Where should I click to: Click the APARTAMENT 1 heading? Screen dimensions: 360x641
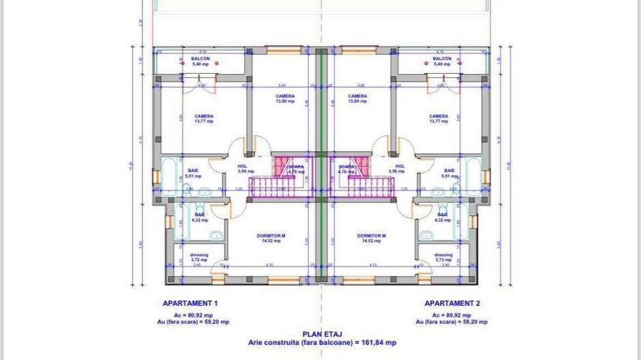click(190, 303)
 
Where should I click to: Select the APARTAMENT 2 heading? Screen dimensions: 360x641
click(452, 303)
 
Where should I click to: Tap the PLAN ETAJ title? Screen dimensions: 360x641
click(322, 335)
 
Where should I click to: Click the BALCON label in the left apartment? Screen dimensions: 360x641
click(200, 59)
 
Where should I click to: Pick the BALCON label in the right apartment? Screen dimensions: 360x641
click(442, 59)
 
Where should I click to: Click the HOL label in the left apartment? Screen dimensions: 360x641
click(242, 166)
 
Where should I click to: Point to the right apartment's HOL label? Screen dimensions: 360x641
click(400, 166)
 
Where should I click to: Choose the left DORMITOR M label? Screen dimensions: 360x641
click(271, 236)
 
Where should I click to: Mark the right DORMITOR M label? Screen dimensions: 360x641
click(371, 236)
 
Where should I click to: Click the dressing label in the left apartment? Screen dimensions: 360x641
click(199, 255)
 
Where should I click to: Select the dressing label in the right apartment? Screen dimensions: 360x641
click(443, 255)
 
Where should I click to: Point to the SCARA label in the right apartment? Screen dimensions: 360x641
click(346, 167)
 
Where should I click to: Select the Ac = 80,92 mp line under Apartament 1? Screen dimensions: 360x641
click(190, 314)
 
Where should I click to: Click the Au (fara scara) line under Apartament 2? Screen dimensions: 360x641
click(452, 321)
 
